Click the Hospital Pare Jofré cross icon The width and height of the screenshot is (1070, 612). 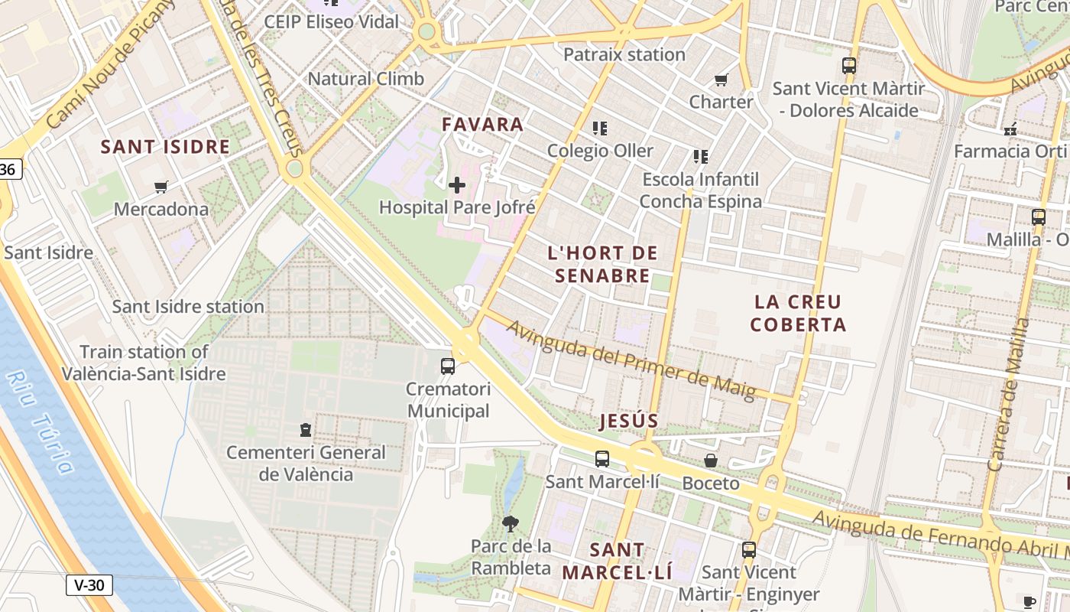pos(457,185)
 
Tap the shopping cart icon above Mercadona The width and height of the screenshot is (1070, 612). pos(160,187)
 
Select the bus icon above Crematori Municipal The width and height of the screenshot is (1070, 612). pos(448,366)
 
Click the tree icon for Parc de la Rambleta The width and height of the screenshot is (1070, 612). pos(511,524)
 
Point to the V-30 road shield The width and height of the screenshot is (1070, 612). pos(89,586)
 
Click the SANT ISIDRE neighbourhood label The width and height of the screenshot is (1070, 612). pos(165,147)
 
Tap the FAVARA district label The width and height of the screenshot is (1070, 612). pos(483,124)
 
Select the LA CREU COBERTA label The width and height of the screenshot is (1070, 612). pos(798,313)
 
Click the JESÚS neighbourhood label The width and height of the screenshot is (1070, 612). pos(629,421)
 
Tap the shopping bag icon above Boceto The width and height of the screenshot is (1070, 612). pos(711,461)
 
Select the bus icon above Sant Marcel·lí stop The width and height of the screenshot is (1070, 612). pos(602,459)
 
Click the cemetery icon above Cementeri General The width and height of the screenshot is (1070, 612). pos(306,430)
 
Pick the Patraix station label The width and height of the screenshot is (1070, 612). pos(624,54)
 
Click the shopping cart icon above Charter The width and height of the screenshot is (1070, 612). pos(721,80)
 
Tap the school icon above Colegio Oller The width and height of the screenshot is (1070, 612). pos(600,128)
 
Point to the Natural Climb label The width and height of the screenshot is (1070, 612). pos(365,78)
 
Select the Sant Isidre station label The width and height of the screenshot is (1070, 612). pos(188,307)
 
